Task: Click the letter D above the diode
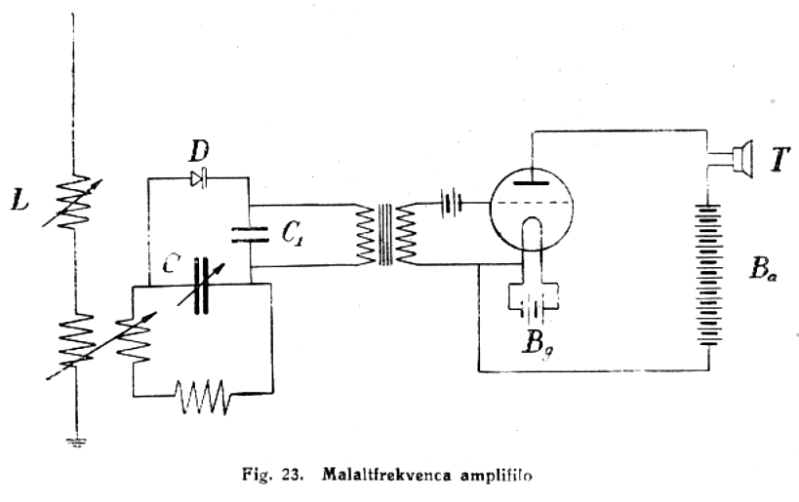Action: (200, 153)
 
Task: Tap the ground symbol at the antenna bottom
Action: (73, 442)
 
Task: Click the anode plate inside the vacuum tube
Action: (531, 181)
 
